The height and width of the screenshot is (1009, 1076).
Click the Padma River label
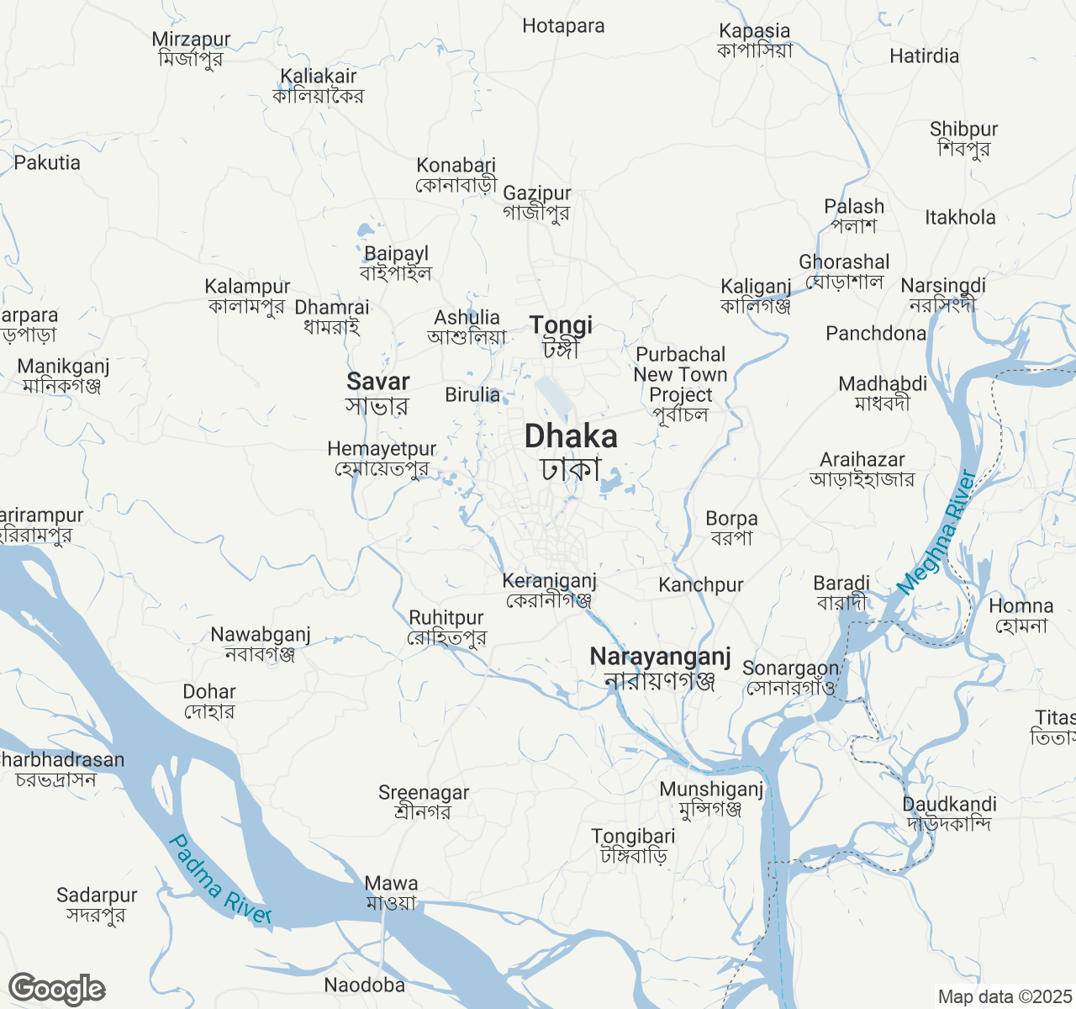click(x=219, y=879)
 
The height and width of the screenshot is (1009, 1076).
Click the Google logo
click(x=56, y=989)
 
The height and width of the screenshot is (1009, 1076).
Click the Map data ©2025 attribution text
click(x=1005, y=997)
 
